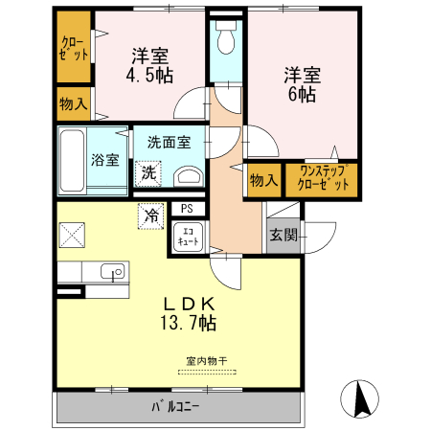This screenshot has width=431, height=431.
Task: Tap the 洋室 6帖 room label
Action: coord(300,84)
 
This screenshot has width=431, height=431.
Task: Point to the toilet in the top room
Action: coord(226,40)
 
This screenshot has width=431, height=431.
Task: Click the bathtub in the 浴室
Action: coord(73,159)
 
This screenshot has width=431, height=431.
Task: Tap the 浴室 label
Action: coord(105,160)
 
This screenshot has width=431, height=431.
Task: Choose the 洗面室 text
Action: coord(168,143)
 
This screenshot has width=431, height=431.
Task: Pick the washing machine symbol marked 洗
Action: coord(148,173)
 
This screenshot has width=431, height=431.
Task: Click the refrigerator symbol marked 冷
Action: coord(150,216)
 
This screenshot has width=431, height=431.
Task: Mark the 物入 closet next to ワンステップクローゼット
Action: coord(262,179)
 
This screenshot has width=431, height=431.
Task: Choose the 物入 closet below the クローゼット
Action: coord(72,102)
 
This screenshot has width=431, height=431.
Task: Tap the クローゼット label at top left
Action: coord(73,48)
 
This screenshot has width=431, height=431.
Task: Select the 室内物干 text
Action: coord(206,361)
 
